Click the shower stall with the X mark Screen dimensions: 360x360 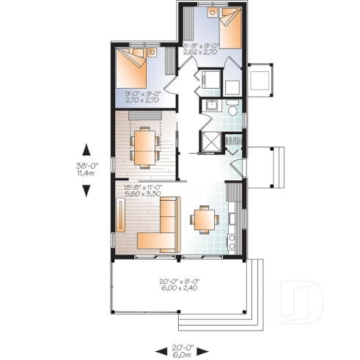210,140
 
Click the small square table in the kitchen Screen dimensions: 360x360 202,218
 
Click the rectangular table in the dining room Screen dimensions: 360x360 142,144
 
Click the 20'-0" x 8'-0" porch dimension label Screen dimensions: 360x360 179,284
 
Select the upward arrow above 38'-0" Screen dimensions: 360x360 87,149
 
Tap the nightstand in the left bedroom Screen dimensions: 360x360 153,52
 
